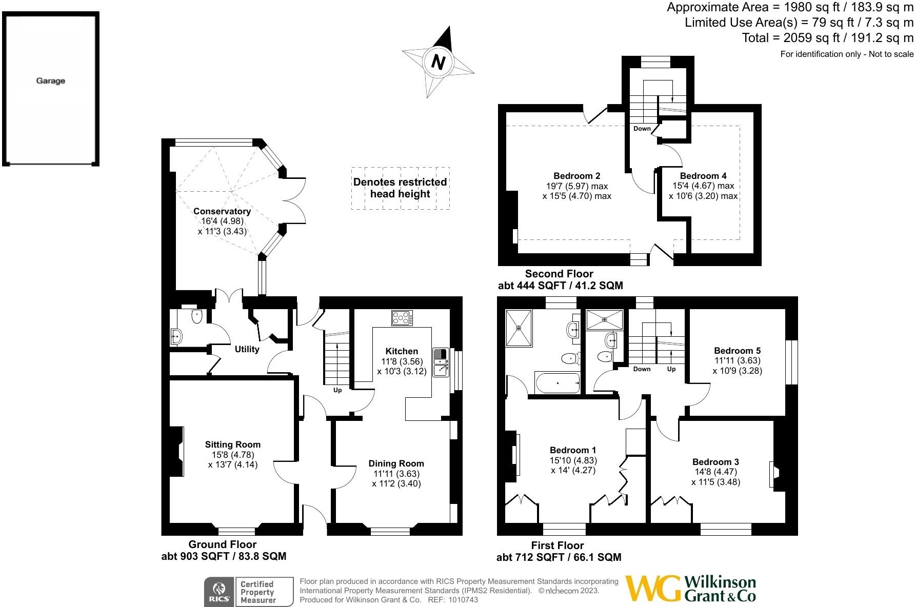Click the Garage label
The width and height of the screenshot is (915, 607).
[50, 80]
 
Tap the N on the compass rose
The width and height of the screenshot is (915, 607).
[437, 62]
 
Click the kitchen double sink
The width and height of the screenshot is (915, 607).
[440, 362]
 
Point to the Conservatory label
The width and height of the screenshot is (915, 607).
[222, 211]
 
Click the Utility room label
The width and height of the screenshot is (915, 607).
[247, 349]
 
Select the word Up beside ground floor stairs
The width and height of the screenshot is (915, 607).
[337, 390]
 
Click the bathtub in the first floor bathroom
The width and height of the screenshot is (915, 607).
[557, 382]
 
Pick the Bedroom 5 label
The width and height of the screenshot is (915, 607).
[737, 351]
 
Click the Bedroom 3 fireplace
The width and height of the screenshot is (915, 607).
[773, 475]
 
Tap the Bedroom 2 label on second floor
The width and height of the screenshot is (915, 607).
[576, 176]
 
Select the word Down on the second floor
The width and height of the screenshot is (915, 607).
[642, 129]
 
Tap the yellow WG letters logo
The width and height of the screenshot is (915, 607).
[652, 588]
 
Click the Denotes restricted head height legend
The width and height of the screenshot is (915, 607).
[400, 188]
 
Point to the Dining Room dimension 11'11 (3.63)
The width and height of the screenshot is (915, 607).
[396, 474]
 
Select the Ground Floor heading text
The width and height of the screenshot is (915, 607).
[222, 544]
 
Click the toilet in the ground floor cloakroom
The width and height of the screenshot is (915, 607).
[197, 316]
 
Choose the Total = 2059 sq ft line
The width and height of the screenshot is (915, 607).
[827, 38]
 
